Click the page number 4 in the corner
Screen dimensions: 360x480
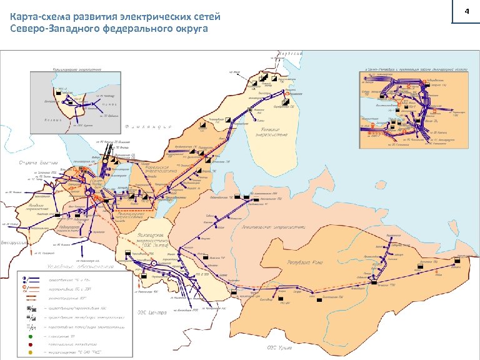point(466,12)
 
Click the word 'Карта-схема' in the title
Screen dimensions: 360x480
point(37,16)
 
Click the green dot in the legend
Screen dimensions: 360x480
point(29,336)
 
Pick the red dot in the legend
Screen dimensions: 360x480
point(29,345)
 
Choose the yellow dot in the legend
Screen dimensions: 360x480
point(29,354)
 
